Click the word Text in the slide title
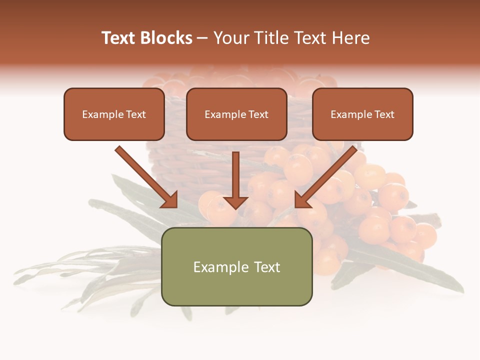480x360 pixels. [x=118, y=38]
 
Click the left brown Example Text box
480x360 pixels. [x=114, y=114]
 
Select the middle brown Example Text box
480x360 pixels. [x=236, y=114]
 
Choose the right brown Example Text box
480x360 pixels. [x=362, y=114]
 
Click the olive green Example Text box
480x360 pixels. [x=236, y=266]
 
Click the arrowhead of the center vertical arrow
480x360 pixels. [x=235, y=201]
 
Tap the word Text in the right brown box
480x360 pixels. [x=384, y=114]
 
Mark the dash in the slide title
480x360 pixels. [x=202, y=38]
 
